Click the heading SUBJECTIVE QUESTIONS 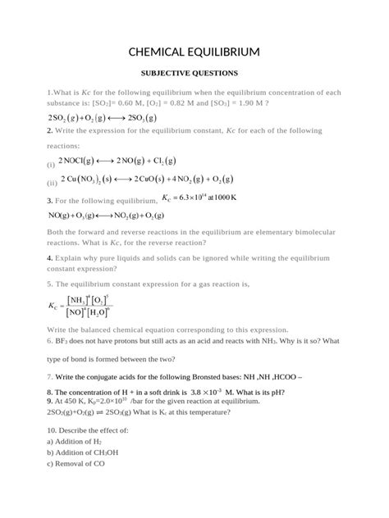(194, 73)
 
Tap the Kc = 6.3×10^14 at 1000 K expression (199, 198)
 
